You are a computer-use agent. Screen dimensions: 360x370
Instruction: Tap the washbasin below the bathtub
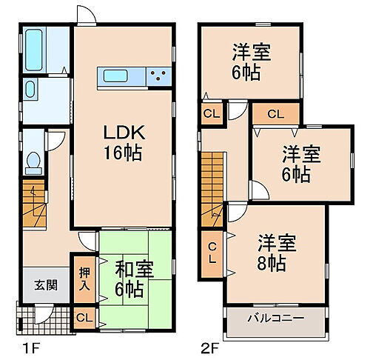click(30, 90)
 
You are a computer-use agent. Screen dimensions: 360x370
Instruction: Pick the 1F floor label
click(23, 346)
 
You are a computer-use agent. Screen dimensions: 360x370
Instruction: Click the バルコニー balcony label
click(276, 319)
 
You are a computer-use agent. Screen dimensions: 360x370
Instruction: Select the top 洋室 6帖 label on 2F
click(251, 61)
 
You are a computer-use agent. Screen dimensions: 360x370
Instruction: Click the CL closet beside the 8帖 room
click(212, 253)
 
